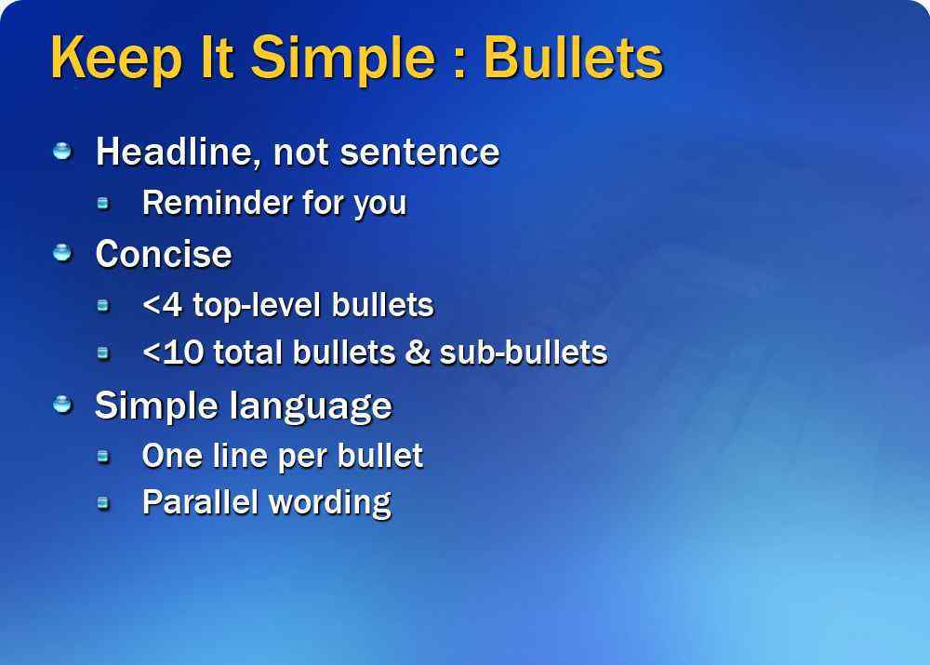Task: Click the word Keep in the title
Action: coord(116,59)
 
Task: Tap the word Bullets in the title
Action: coord(574,59)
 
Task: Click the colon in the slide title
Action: coord(459,63)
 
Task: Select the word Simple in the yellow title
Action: coord(343,59)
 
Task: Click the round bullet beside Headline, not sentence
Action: coord(62,151)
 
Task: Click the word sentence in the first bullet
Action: coord(420,153)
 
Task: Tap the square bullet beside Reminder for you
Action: coord(103,204)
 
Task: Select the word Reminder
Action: coord(217,202)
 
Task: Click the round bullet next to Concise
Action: coord(62,253)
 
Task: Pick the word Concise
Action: coord(164,254)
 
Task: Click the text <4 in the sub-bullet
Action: coord(162,305)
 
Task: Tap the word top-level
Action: coord(257,306)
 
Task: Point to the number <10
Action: coord(173,352)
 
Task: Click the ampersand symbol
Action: coord(418,352)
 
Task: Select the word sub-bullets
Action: coord(524,352)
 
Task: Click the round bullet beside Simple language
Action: coord(62,405)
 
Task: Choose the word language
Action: coord(311,407)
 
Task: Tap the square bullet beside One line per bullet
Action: coord(103,456)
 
